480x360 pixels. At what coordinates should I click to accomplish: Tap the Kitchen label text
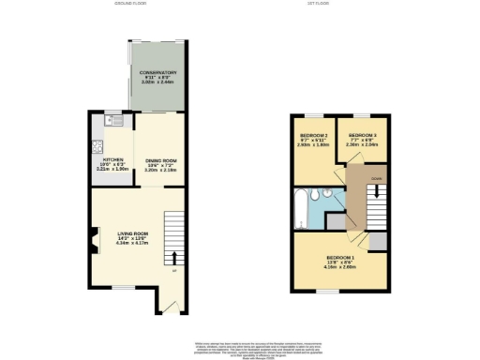click(112, 165)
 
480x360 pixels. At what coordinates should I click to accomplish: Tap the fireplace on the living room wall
click(94, 241)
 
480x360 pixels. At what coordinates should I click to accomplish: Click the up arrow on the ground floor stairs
click(172, 255)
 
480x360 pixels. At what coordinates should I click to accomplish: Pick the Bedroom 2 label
click(314, 141)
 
